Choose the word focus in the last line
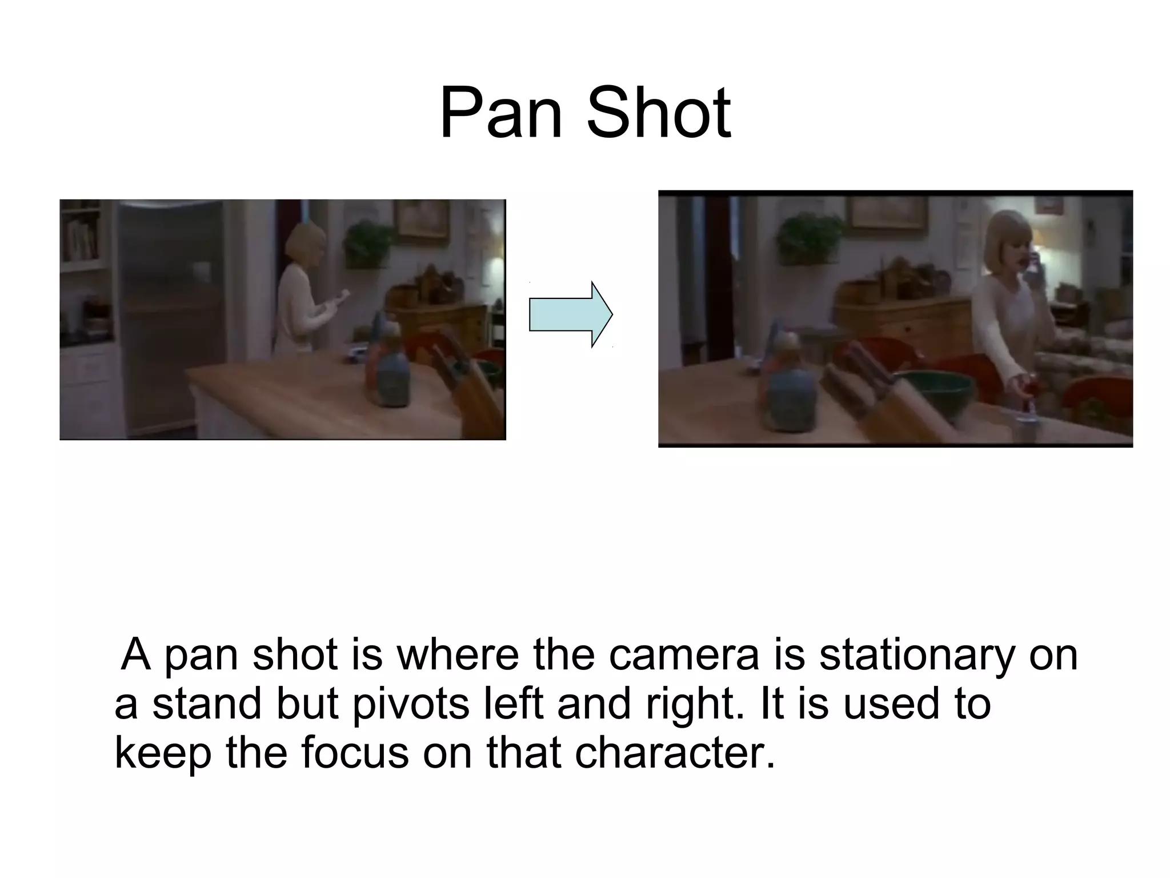(355, 753)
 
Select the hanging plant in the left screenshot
(368, 243)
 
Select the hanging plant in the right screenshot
(809, 237)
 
